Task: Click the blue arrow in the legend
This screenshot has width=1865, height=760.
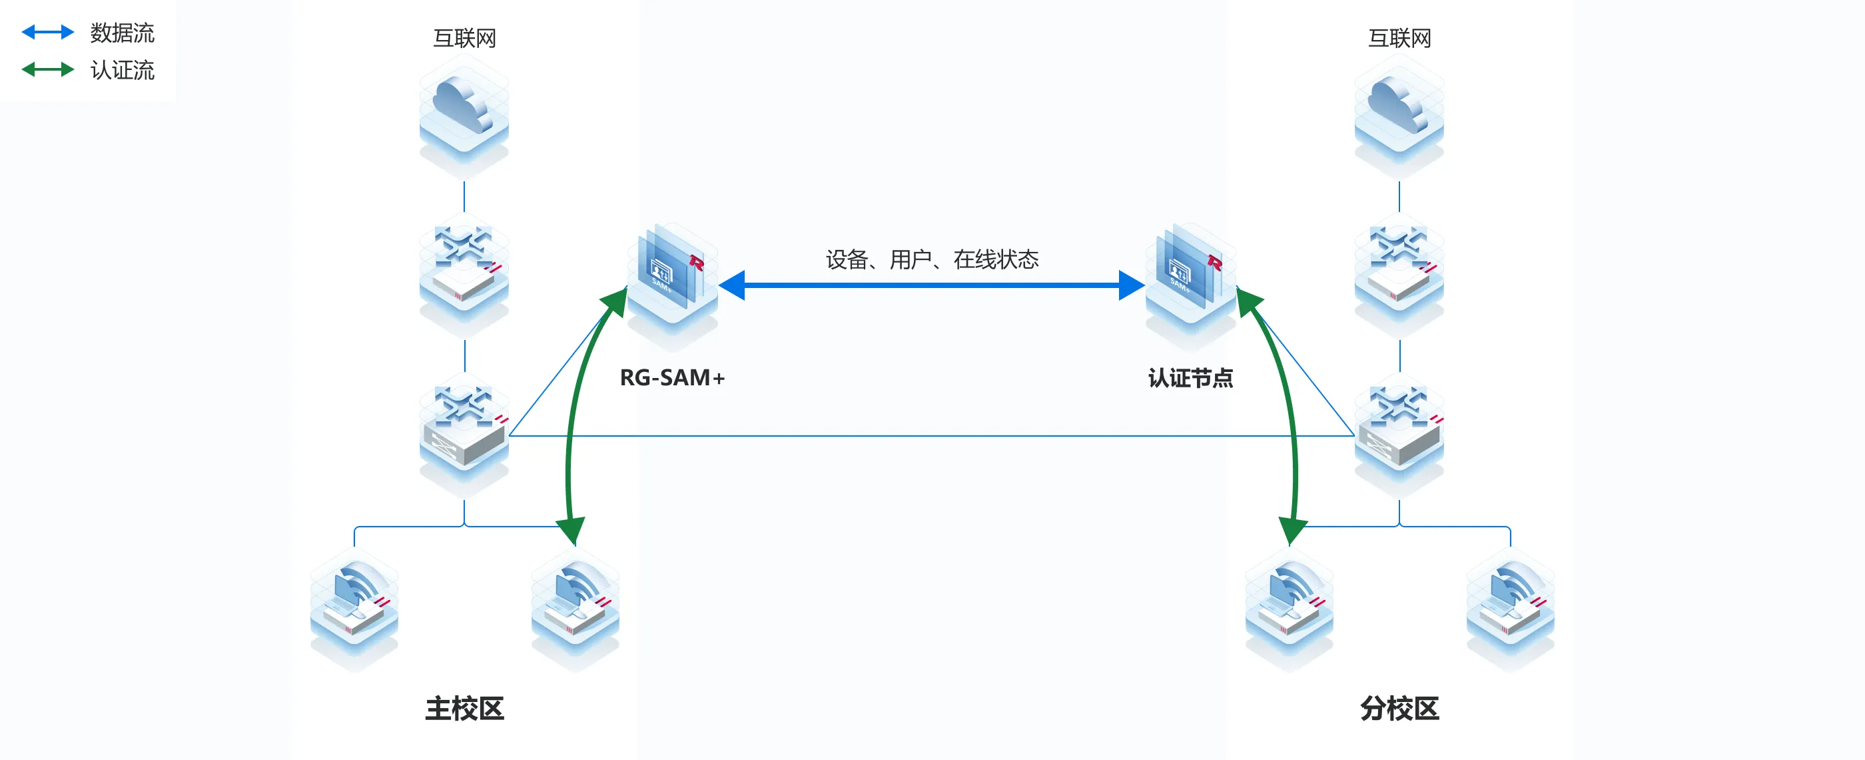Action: click(48, 32)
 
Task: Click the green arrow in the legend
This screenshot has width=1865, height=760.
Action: click(48, 69)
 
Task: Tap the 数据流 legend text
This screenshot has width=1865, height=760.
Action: click(122, 33)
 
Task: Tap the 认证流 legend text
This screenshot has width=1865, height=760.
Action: click(122, 70)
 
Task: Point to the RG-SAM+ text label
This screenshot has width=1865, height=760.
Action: click(672, 377)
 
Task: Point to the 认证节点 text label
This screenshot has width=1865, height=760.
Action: click(1190, 377)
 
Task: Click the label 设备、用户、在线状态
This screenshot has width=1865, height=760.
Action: click(932, 259)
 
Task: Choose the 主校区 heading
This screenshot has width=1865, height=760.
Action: click(464, 708)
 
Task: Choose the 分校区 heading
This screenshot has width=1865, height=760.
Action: click(1399, 708)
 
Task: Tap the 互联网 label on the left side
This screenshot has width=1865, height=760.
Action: click(464, 38)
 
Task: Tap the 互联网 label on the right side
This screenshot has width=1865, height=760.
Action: click(1399, 38)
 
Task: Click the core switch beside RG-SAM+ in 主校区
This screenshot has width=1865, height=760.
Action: click(464, 431)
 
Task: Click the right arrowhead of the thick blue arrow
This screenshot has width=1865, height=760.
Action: click(1131, 285)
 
